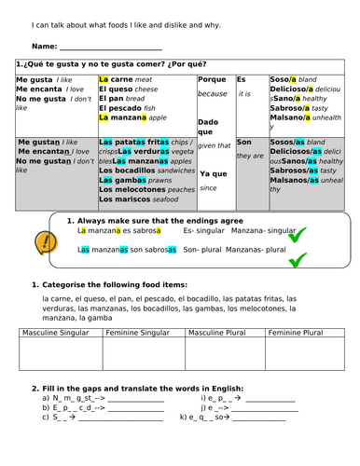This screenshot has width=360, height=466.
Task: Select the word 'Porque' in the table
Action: pos(212,80)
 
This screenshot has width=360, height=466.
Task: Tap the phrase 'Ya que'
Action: pos(213,174)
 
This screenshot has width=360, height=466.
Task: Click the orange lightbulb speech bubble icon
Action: pos(43,243)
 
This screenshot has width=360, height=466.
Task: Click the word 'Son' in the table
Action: pos(243,142)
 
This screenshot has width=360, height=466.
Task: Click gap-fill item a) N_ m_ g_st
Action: pos(79,398)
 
